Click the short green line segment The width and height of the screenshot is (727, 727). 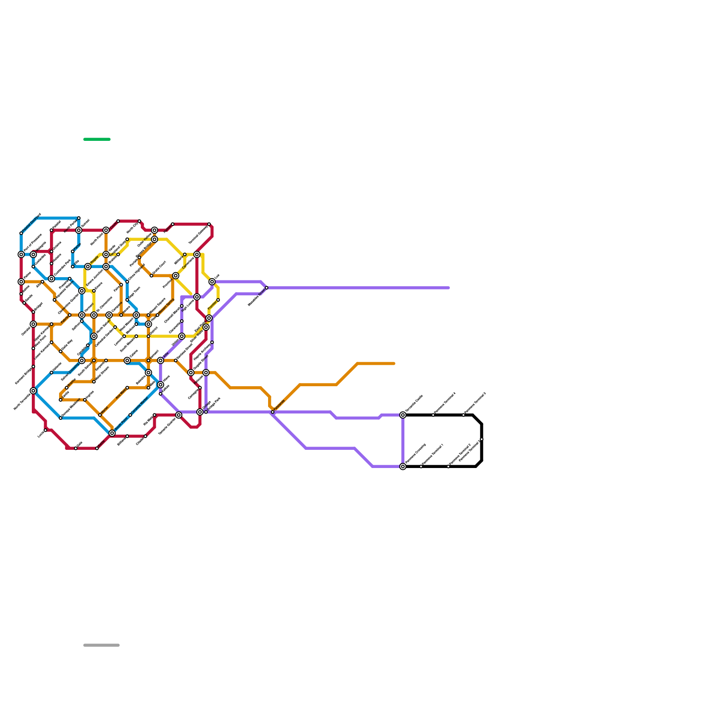coord(97,139)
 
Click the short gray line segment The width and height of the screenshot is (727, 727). coord(101,645)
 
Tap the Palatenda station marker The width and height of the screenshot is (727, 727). coord(273,412)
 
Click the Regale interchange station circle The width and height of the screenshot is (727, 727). coord(88,266)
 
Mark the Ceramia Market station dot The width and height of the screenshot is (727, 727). coord(130,415)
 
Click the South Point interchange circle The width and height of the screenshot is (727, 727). coord(112,433)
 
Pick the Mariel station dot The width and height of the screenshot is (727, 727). coord(100,415)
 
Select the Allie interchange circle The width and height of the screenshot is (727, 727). coord(160,360)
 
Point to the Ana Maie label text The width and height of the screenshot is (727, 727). coord(120,394)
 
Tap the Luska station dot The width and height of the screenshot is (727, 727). coord(45,430)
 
